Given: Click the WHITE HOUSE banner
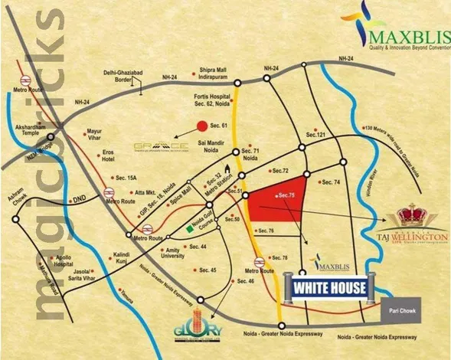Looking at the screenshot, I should coord(328,289).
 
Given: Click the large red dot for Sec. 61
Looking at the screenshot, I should coord(201,126).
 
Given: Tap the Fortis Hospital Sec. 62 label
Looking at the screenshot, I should coord(209,100).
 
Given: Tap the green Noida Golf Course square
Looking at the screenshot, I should coord(188,228).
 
